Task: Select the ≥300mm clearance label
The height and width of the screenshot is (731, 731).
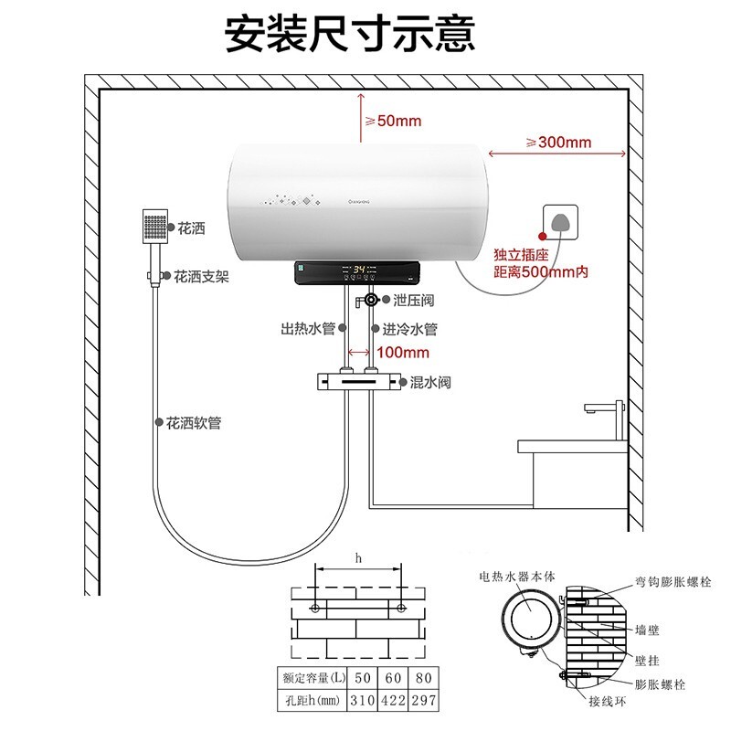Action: (x=559, y=142)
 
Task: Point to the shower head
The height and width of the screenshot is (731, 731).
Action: (x=155, y=226)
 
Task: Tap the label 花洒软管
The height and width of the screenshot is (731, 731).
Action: (x=194, y=423)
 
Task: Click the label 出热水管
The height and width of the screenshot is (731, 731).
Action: (x=308, y=328)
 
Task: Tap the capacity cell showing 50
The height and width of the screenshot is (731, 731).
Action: (x=363, y=677)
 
